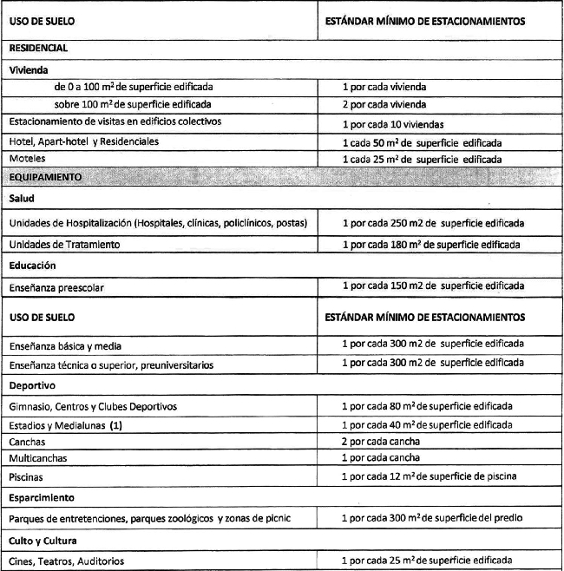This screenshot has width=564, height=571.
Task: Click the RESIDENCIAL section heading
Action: [38, 49]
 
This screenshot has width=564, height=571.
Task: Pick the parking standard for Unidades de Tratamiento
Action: [430, 245]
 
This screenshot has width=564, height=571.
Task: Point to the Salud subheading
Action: [23, 199]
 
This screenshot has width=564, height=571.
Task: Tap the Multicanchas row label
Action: [38, 457]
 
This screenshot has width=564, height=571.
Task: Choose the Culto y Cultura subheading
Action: [43, 540]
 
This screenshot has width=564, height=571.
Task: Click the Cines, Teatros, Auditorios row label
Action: [66, 561]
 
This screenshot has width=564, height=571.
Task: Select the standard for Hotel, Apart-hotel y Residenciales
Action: [422, 141]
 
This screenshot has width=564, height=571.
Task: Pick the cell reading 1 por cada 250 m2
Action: [432, 223]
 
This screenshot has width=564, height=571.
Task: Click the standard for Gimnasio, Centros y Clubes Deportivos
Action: [427, 405]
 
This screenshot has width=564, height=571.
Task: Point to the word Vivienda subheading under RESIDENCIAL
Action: [29, 68]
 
